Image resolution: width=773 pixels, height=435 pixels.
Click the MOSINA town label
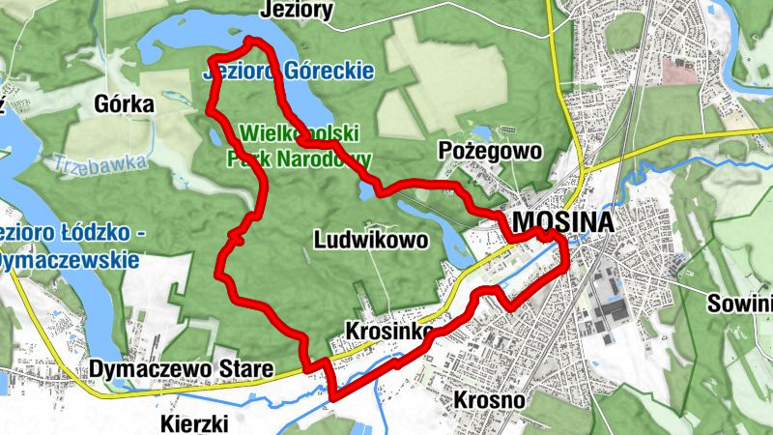[563, 223]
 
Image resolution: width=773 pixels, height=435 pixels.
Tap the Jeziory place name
[298, 11]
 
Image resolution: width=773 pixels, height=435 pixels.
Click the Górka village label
[125, 104]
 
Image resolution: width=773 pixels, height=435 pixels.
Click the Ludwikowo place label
[371, 240]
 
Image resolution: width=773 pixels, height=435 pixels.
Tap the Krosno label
[488, 399]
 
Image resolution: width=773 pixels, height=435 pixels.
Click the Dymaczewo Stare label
[182, 368]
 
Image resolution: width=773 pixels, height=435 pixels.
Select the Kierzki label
[195, 422]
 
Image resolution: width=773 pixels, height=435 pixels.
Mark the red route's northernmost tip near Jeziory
[250, 40]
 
